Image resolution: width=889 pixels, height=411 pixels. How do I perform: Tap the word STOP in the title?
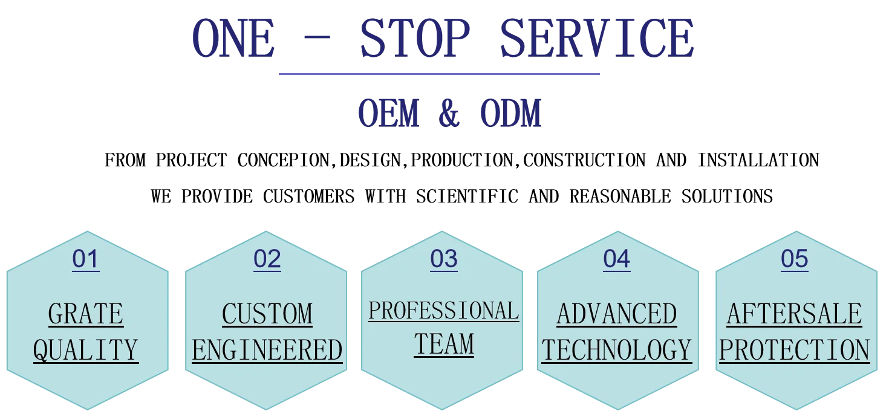[414, 39]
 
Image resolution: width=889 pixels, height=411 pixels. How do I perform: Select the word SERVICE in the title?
[596, 39]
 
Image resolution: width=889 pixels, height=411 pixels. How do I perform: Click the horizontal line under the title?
[438, 75]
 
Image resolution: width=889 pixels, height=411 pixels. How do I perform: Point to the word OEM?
[389, 114]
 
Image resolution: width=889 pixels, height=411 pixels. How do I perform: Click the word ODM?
[510, 114]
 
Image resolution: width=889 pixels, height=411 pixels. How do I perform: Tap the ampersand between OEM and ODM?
[448, 114]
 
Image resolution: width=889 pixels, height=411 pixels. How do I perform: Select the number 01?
[85, 259]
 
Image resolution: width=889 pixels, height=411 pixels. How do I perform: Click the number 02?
[267, 259]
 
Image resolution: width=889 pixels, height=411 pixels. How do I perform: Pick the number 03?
[444, 259]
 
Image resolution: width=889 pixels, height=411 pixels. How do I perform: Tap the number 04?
[616, 259]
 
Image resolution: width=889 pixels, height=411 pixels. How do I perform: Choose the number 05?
[794, 259]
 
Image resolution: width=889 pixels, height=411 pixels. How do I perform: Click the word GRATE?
[86, 314]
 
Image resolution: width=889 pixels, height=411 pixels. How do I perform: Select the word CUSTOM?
[267, 314]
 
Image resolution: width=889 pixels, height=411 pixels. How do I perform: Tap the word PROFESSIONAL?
[444, 311]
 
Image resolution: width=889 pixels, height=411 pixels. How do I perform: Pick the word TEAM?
[444, 345]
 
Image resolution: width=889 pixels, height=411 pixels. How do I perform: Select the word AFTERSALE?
[794, 314]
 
